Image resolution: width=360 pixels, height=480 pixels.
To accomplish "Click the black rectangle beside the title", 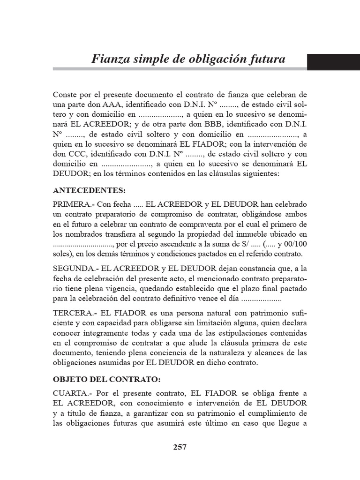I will pyautogui.click(x=333, y=62).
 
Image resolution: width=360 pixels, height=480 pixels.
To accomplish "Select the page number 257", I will pyautogui.click(x=180, y=447).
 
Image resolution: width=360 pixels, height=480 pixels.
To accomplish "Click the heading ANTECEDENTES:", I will pyautogui.click(x=90, y=191).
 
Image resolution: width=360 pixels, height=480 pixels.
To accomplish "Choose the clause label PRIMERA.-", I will pyautogui.click(x=73, y=205).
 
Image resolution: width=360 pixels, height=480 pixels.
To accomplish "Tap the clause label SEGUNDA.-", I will pyautogui.click(x=75, y=268).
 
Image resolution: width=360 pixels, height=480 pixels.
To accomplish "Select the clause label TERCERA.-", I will pyautogui.click(x=75, y=312).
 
